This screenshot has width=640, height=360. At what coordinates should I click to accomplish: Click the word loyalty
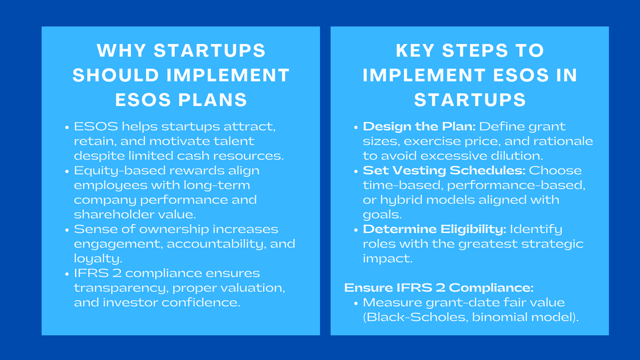click(97, 259)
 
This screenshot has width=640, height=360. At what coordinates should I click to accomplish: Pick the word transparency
click(120, 288)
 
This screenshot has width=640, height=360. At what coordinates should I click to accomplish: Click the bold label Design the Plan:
click(419, 126)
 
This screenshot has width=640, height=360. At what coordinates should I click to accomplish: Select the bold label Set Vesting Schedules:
click(444, 170)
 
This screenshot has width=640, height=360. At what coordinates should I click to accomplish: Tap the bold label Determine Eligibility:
click(434, 229)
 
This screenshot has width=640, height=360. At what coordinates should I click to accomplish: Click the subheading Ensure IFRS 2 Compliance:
click(438, 288)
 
